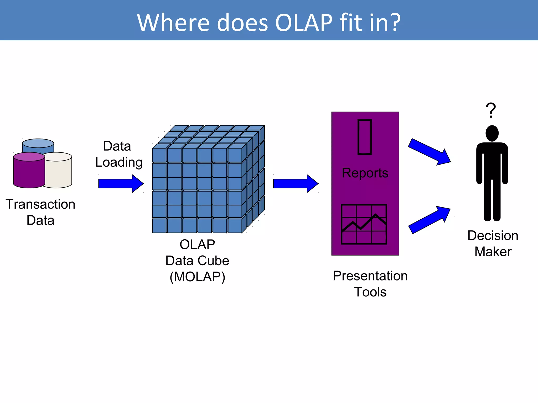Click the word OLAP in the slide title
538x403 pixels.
(304, 23)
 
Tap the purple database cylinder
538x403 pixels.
(29, 172)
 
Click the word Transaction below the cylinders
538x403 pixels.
(40, 204)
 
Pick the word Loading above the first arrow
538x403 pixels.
(119, 162)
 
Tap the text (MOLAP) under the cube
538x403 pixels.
(197, 277)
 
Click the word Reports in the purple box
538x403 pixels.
(365, 173)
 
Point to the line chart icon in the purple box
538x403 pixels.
(364, 224)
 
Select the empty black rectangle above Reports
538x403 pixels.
(365, 137)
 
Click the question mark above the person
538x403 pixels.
(490, 110)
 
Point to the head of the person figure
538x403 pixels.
(492, 133)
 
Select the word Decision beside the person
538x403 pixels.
(493, 235)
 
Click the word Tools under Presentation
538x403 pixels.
(370, 292)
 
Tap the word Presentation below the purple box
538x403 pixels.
(370, 276)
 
